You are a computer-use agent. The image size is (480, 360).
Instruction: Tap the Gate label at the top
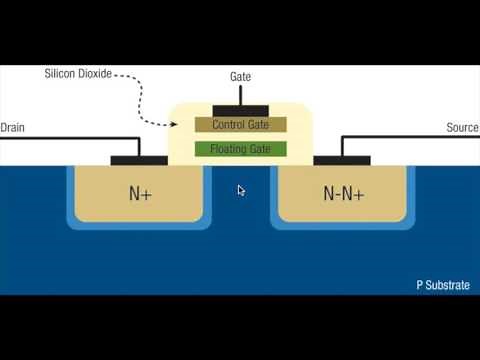pos(240,76)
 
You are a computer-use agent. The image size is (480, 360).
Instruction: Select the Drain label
pos(12,128)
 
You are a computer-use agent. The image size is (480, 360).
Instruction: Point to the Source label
pos(462,128)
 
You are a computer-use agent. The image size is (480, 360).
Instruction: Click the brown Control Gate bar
pos(240,125)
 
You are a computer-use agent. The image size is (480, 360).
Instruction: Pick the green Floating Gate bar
pos(240,149)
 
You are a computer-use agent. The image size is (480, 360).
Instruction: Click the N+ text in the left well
pos(140,193)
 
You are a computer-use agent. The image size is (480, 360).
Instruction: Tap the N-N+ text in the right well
pos(342,193)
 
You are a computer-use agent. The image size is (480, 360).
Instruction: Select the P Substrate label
pos(443,285)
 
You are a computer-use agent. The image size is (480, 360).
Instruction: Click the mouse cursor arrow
pos(241,190)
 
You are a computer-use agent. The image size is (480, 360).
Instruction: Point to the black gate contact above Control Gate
pos(240,107)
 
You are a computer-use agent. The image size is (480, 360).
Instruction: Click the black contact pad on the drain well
pos(139,159)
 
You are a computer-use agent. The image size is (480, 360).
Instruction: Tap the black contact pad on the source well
pos(342,159)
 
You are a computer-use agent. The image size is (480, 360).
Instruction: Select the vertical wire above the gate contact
pos(240,93)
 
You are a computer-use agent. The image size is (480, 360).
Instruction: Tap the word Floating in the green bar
pos(227,149)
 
